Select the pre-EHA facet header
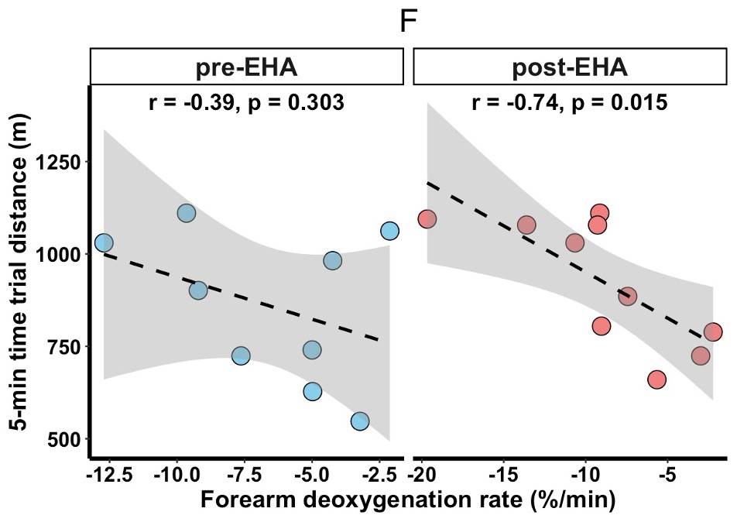247,67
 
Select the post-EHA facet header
570,67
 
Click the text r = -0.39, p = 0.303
246,102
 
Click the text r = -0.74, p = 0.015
569,102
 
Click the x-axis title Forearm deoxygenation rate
408,500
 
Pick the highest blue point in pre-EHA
186,213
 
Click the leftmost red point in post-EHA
427,219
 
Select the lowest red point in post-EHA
656,379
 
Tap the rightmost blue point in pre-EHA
389,231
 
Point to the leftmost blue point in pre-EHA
104,243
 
